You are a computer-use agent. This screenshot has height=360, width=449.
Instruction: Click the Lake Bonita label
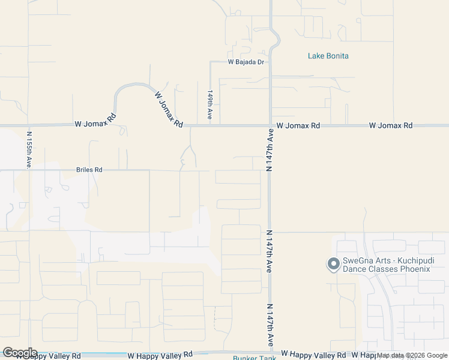point(328,56)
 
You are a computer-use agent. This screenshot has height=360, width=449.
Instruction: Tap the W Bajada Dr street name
point(246,62)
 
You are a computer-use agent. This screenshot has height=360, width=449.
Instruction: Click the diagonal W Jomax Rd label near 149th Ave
point(169,109)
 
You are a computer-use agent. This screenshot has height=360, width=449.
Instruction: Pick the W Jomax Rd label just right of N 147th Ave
point(298,126)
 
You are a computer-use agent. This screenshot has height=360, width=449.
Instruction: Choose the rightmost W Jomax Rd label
point(391,125)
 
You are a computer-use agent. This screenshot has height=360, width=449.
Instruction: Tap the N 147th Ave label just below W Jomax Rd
point(270,153)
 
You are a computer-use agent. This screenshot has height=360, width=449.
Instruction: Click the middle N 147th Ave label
point(269,251)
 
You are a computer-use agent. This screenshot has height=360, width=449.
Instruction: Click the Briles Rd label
point(89,170)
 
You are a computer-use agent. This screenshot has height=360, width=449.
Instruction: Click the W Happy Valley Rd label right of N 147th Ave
point(313,355)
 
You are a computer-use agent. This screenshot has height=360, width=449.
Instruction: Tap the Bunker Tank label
point(255,358)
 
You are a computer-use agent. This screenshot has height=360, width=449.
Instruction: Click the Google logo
point(19,353)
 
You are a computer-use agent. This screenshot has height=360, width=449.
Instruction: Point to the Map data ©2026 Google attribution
point(412,356)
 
